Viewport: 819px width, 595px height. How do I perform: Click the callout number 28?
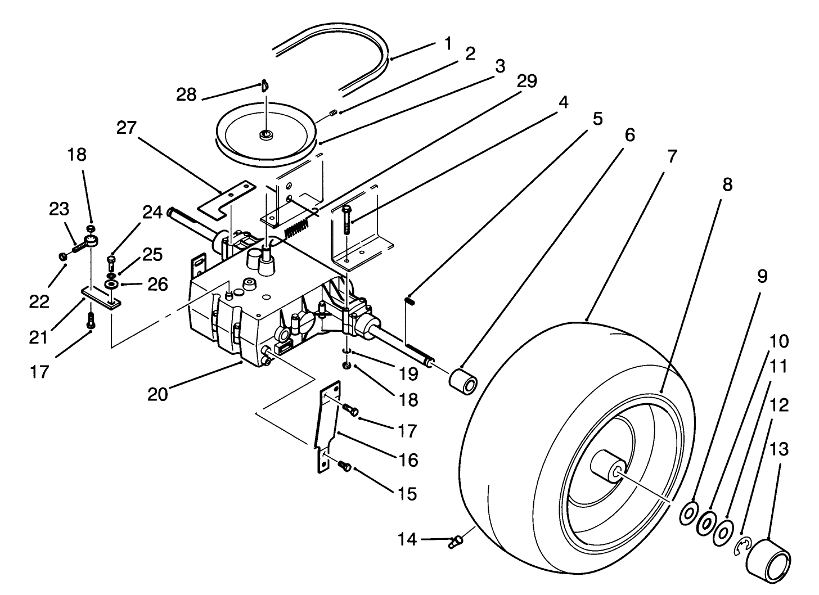(x=186, y=94)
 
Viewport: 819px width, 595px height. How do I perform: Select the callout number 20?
(x=157, y=395)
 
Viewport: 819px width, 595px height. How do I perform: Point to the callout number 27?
(x=127, y=129)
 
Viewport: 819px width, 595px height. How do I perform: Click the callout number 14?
(x=408, y=540)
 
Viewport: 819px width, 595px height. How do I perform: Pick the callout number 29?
(x=526, y=81)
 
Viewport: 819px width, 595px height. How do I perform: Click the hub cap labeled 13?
(x=768, y=556)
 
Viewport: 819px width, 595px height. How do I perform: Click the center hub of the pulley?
(x=264, y=135)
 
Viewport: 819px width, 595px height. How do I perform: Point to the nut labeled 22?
(x=62, y=256)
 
